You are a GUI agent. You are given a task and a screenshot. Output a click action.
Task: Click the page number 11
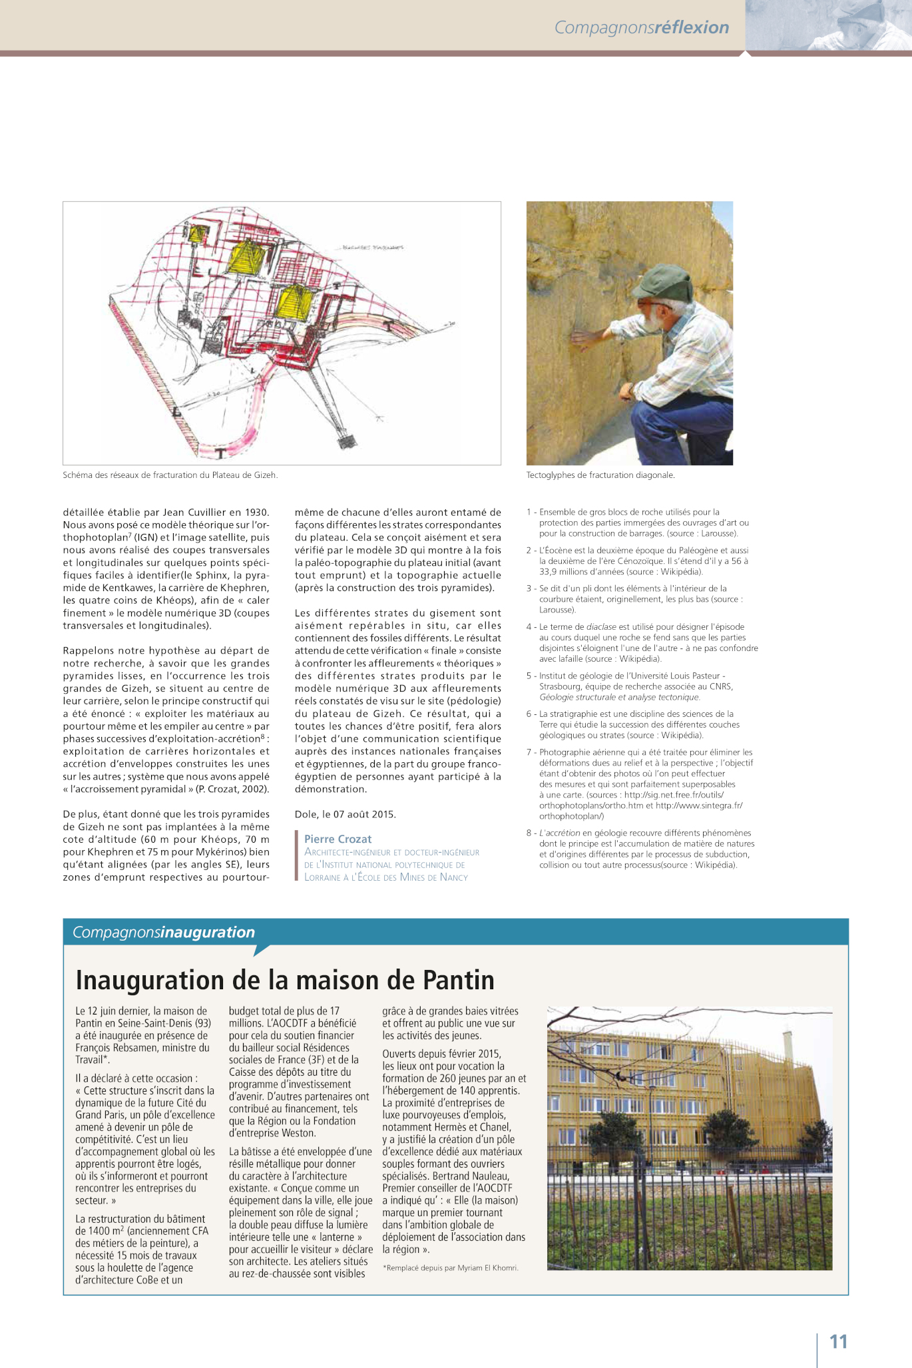pyautogui.click(x=838, y=1341)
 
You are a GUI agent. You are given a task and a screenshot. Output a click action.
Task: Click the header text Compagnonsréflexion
pyautogui.click(x=641, y=27)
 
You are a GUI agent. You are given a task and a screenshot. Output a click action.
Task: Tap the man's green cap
pyautogui.click(x=664, y=281)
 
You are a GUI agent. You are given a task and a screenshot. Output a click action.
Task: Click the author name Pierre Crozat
pyautogui.click(x=338, y=839)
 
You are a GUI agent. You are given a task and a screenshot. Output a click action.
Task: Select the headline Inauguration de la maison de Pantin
pyautogui.click(x=285, y=980)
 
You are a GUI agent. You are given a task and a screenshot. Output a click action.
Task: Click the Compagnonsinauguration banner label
pyautogui.click(x=164, y=932)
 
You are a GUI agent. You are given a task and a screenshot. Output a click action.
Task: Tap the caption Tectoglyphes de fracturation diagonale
pyautogui.click(x=600, y=475)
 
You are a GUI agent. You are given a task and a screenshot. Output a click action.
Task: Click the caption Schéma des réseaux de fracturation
pyautogui.click(x=170, y=475)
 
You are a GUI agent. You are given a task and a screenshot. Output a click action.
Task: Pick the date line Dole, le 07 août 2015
pyautogui.click(x=345, y=814)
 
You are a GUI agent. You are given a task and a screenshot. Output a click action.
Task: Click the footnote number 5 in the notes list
pyautogui.click(x=529, y=676)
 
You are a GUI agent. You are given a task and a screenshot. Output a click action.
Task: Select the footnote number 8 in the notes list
pyautogui.click(x=529, y=833)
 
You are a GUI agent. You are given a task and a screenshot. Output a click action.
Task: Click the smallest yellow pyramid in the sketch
pyautogui.click(x=198, y=233)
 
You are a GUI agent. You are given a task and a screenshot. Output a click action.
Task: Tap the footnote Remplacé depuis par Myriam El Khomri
pyautogui.click(x=451, y=1267)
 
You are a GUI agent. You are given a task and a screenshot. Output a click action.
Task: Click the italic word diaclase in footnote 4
pyautogui.click(x=602, y=626)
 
